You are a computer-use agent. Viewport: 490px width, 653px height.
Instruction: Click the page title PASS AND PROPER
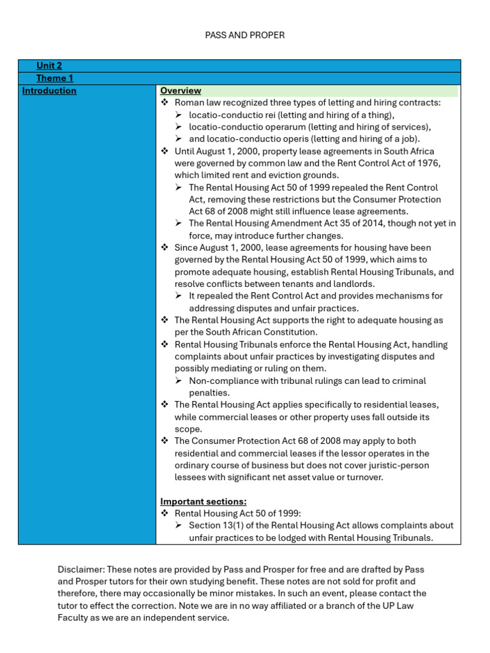coord(244,35)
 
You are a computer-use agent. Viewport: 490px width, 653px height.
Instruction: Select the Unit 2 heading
coord(49,66)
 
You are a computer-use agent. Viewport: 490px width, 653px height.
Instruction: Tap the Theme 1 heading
coord(55,78)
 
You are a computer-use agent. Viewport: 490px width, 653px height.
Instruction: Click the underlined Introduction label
coord(49,91)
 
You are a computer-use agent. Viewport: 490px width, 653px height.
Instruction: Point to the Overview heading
coord(181,91)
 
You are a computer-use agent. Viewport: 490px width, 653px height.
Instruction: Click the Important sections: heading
coord(204,501)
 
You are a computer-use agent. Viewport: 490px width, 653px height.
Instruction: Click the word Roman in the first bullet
coord(188,103)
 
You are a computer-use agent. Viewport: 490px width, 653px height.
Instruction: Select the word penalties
coord(209,393)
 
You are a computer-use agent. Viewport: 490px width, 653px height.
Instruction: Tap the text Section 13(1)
coord(218,525)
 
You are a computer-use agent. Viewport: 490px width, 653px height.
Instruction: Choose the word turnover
coord(365,478)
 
